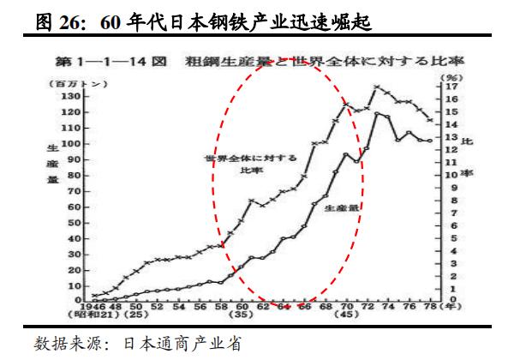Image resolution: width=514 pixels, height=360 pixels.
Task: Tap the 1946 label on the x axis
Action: (89, 306)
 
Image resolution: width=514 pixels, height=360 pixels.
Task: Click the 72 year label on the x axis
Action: (374, 306)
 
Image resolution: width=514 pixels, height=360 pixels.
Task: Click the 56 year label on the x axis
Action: (199, 306)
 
